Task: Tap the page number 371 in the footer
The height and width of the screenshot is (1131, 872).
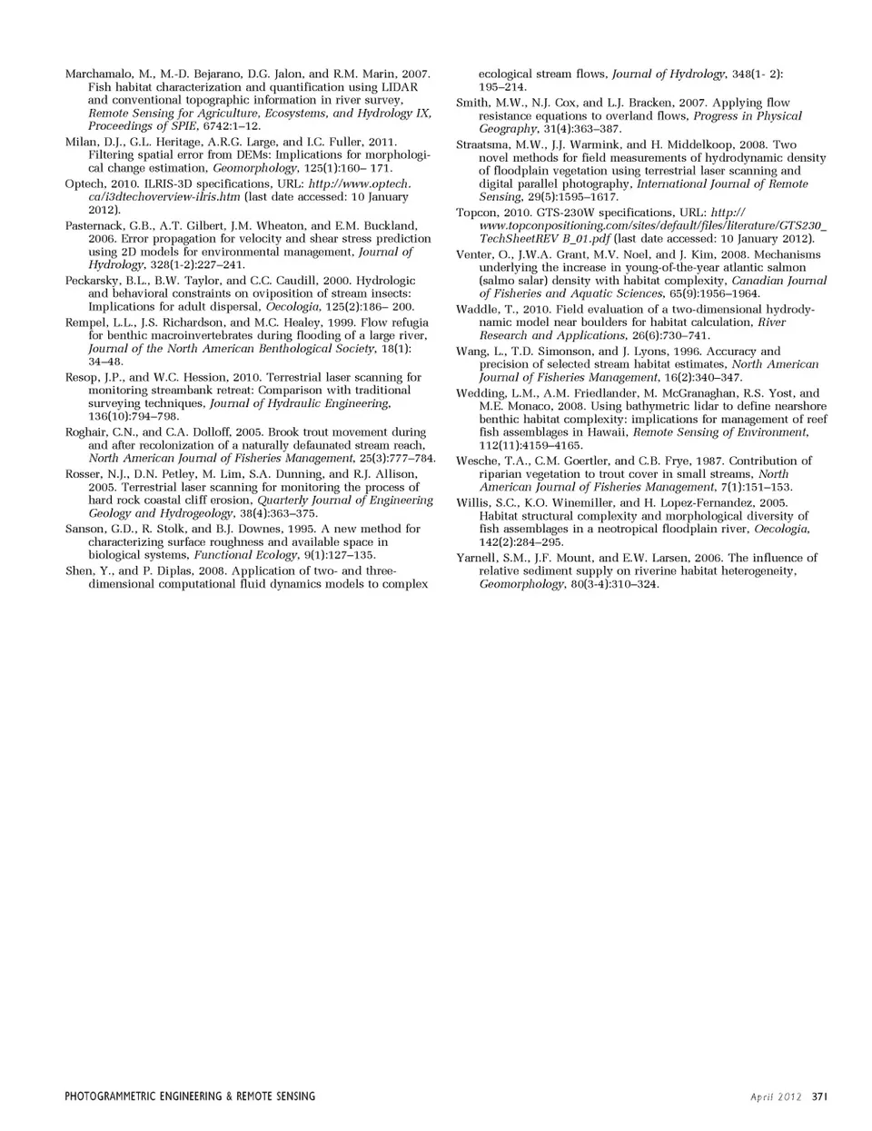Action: (x=818, y=1096)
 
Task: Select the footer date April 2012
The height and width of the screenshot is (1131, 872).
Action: (x=776, y=1096)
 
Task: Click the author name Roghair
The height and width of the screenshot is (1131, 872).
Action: (x=87, y=432)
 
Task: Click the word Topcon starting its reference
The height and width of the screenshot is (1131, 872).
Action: (x=476, y=213)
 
